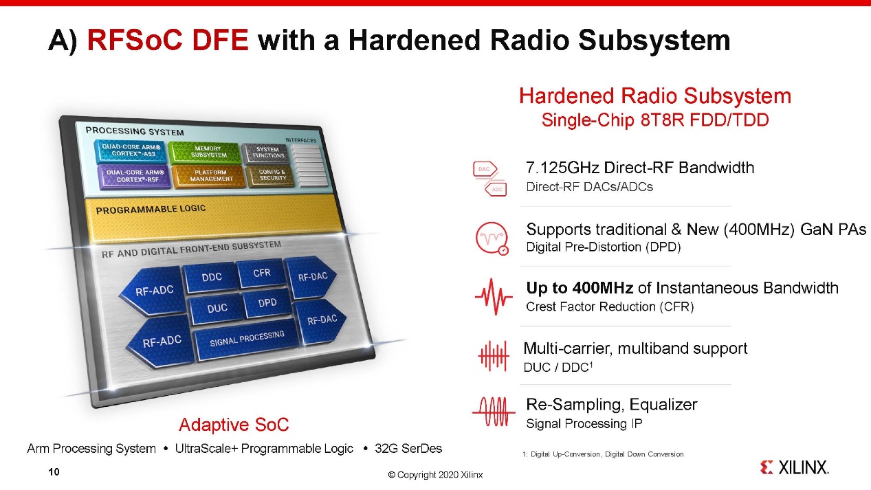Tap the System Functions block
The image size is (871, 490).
[x=267, y=153]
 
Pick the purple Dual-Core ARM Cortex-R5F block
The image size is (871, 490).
[x=134, y=177]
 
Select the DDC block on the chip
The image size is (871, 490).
[x=211, y=277]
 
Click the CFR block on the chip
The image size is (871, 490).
[x=262, y=273]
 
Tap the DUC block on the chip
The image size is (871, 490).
[x=217, y=309]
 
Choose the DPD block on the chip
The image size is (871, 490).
[x=267, y=303]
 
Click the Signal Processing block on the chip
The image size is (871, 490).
[x=247, y=338]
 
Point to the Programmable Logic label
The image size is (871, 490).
[x=151, y=210]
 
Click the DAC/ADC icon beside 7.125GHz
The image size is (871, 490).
[x=490, y=179]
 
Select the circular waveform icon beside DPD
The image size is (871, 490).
[x=492, y=238]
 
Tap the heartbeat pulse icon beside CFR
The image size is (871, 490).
[x=494, y=297]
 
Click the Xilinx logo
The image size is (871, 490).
[x=794, y=467]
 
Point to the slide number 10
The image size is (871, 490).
[x=54, y=471]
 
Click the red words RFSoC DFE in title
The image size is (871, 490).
[x=168, y=40]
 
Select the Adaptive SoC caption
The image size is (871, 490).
[x=234, y=424]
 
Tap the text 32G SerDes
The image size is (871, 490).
[x=408, y=448]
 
